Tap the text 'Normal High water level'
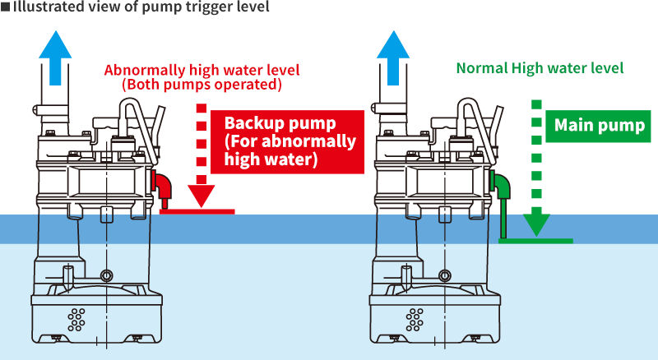click(x=540, y=67)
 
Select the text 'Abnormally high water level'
click(x=202, y=70)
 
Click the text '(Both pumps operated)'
click(x=202, y=84)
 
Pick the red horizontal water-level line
click(x=197, y=211)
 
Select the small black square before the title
click(x=5, y=7)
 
